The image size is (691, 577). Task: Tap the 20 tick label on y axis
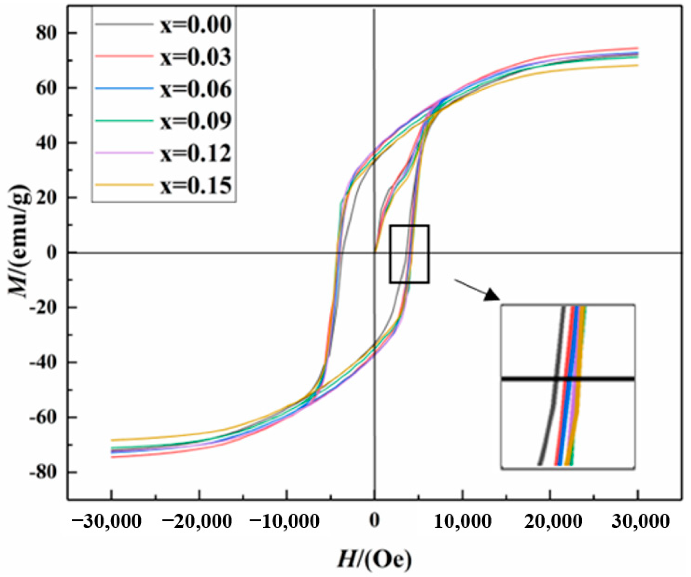point(49,198)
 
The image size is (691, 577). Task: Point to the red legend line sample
point(124,57)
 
